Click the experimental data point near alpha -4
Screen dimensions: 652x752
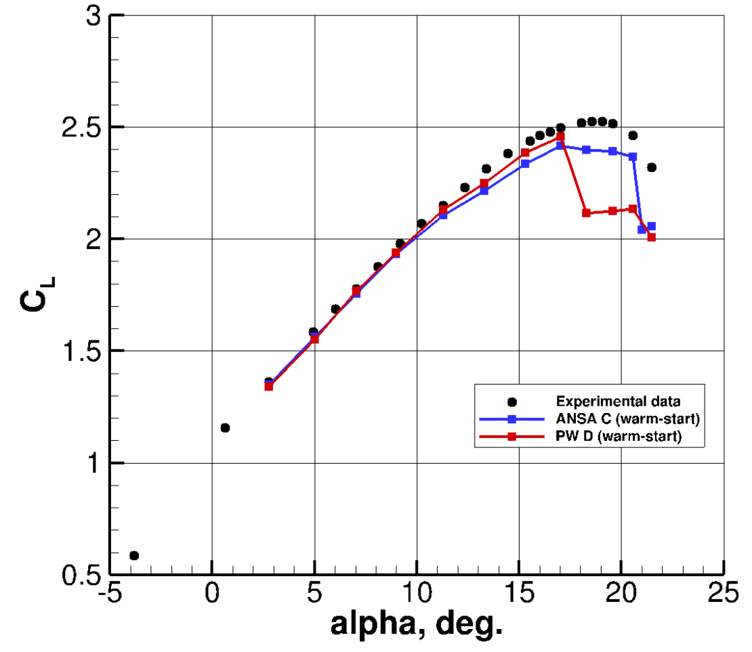point(134,555)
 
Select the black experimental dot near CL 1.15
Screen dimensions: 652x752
point(225,427)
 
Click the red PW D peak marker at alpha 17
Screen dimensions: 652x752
point(560,137)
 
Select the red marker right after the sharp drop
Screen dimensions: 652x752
point(587,213)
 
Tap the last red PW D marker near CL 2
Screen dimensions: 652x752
point(651,237)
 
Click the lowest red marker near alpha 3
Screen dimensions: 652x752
point(269,386)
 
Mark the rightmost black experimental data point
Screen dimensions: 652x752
point(651,167)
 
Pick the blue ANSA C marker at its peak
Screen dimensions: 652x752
point(560,146)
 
